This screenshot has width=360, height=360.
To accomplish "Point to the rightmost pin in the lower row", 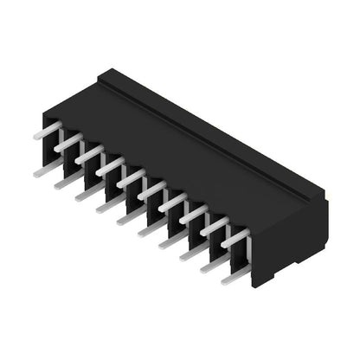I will tap(229, 279).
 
